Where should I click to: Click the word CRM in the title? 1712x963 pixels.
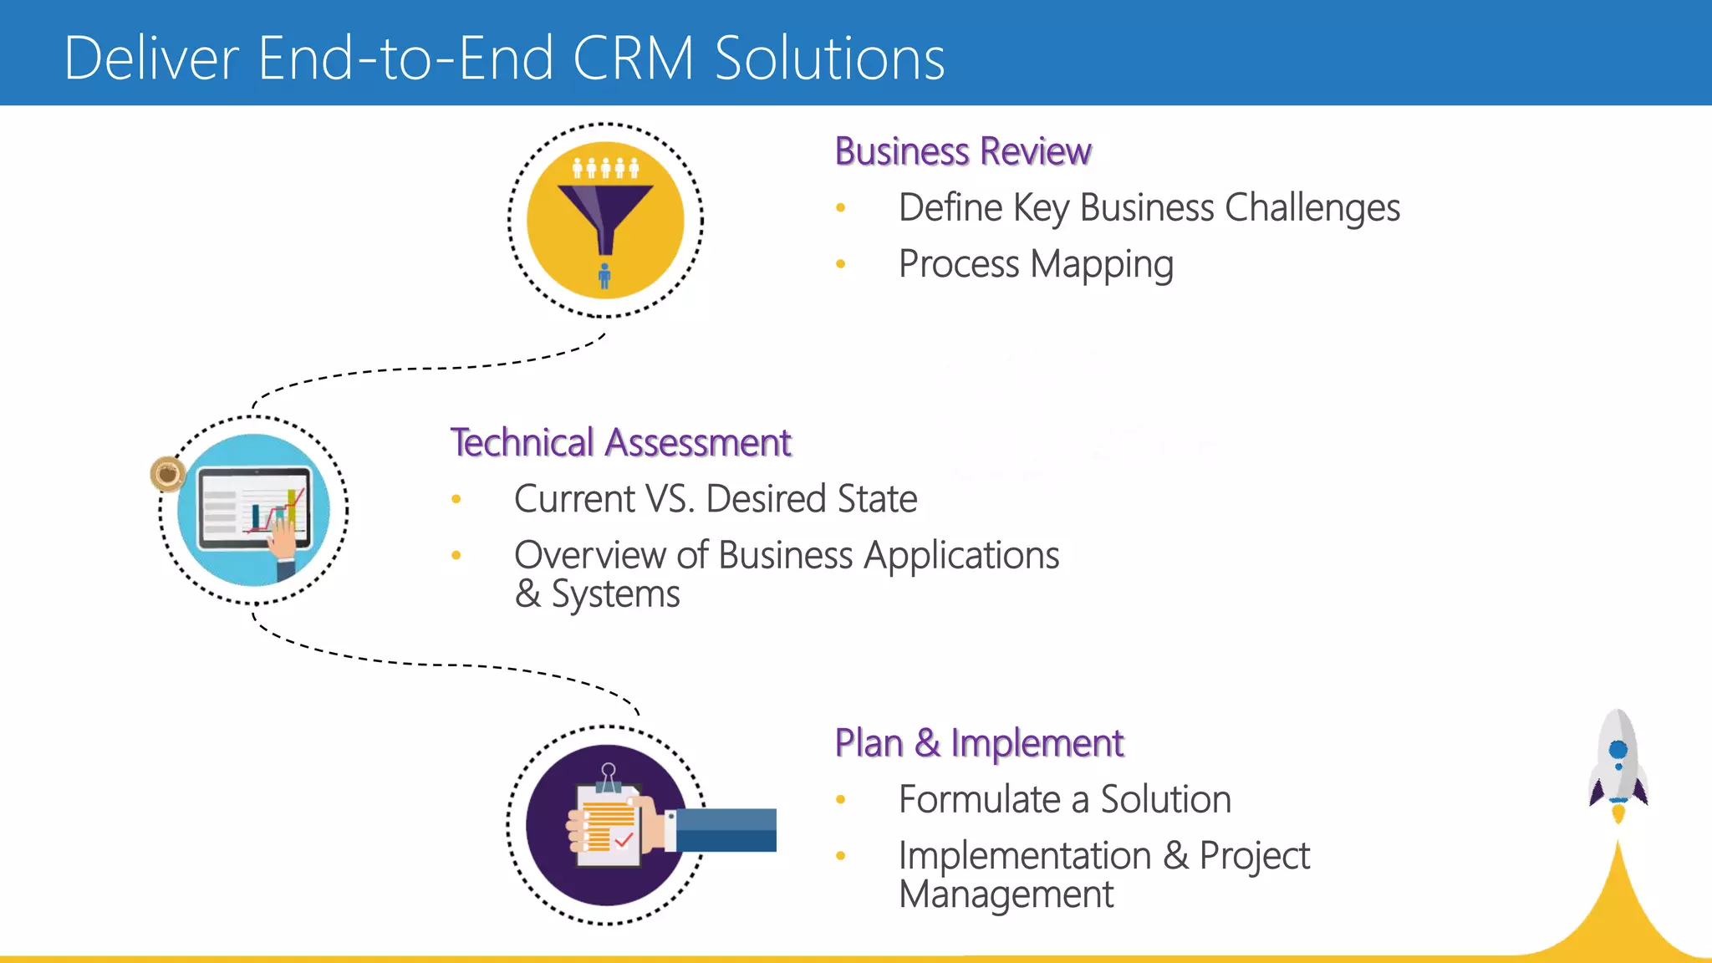point(633,59)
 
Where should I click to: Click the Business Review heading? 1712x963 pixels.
point(963,152)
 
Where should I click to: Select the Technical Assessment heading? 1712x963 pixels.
point(620,443)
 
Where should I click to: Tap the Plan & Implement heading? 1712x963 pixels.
point(979,743)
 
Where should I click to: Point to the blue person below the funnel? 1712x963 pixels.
point(604,276)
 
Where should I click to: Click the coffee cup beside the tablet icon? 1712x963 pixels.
point(167,474)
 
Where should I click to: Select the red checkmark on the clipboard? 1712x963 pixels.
point(624,838)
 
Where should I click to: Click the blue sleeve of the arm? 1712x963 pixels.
point(726,830)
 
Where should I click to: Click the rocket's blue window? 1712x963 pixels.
point(1618,749)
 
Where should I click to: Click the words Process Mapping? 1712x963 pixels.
point(1036,264)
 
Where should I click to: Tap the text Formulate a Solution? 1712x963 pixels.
point(1064,800)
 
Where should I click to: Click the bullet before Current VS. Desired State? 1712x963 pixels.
point(456,500)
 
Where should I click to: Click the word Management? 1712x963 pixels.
point(1006,894)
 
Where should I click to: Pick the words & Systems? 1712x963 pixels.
point(597,594)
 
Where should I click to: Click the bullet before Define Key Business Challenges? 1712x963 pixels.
point(841,208)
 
